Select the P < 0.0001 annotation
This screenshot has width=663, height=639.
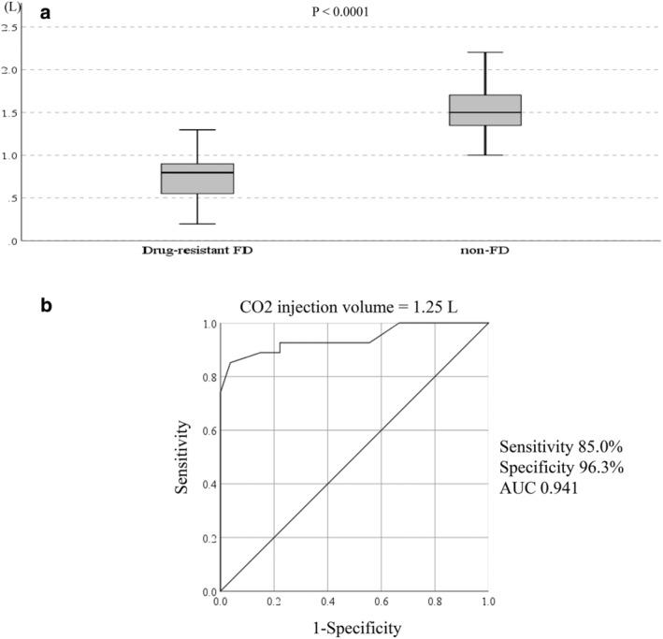point(344,12)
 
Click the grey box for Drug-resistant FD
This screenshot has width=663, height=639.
point(197,179)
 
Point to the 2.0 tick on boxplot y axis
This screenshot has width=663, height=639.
point(11,70)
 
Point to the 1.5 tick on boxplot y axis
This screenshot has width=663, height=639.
point(11,113)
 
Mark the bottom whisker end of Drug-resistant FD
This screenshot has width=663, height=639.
point(197,224)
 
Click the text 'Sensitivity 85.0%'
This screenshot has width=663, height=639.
point(552,445)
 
